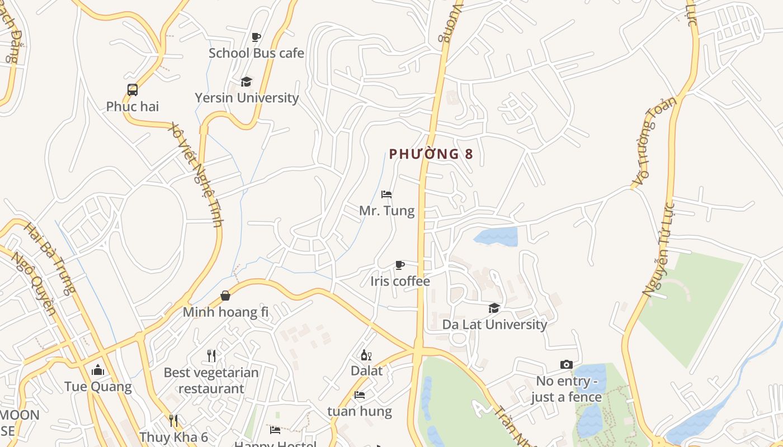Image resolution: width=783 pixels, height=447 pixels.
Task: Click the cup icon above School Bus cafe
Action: [256, 37]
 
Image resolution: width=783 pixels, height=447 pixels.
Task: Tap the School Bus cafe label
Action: [256, 53]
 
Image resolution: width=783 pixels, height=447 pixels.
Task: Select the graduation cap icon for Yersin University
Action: [246, 82]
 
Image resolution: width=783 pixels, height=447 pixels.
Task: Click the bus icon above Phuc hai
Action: [133, 90]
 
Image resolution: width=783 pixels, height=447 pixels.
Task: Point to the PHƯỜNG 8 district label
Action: [431, 154]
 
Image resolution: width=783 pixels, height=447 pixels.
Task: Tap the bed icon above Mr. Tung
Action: [386, 194]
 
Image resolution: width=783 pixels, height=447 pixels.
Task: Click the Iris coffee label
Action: [400, 281]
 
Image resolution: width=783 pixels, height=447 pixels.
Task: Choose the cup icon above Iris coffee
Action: [399, 265]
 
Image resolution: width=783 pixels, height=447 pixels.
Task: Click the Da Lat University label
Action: [494, 324]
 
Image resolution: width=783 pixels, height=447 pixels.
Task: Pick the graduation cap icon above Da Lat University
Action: [494, 308]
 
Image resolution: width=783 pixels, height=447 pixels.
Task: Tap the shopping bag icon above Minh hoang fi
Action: [225, 296]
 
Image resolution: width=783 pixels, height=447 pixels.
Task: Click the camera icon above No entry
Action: [566, 365]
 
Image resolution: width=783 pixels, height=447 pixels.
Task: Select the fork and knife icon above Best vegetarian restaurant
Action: [211, 355]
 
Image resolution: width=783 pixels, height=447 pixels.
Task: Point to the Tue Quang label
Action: [98, 387]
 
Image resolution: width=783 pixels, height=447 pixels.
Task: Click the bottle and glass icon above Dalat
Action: [366, 355]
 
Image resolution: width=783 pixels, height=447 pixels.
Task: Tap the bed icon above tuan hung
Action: [360, 395]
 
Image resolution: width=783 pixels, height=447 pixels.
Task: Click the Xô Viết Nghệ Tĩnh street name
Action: [195, 174]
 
